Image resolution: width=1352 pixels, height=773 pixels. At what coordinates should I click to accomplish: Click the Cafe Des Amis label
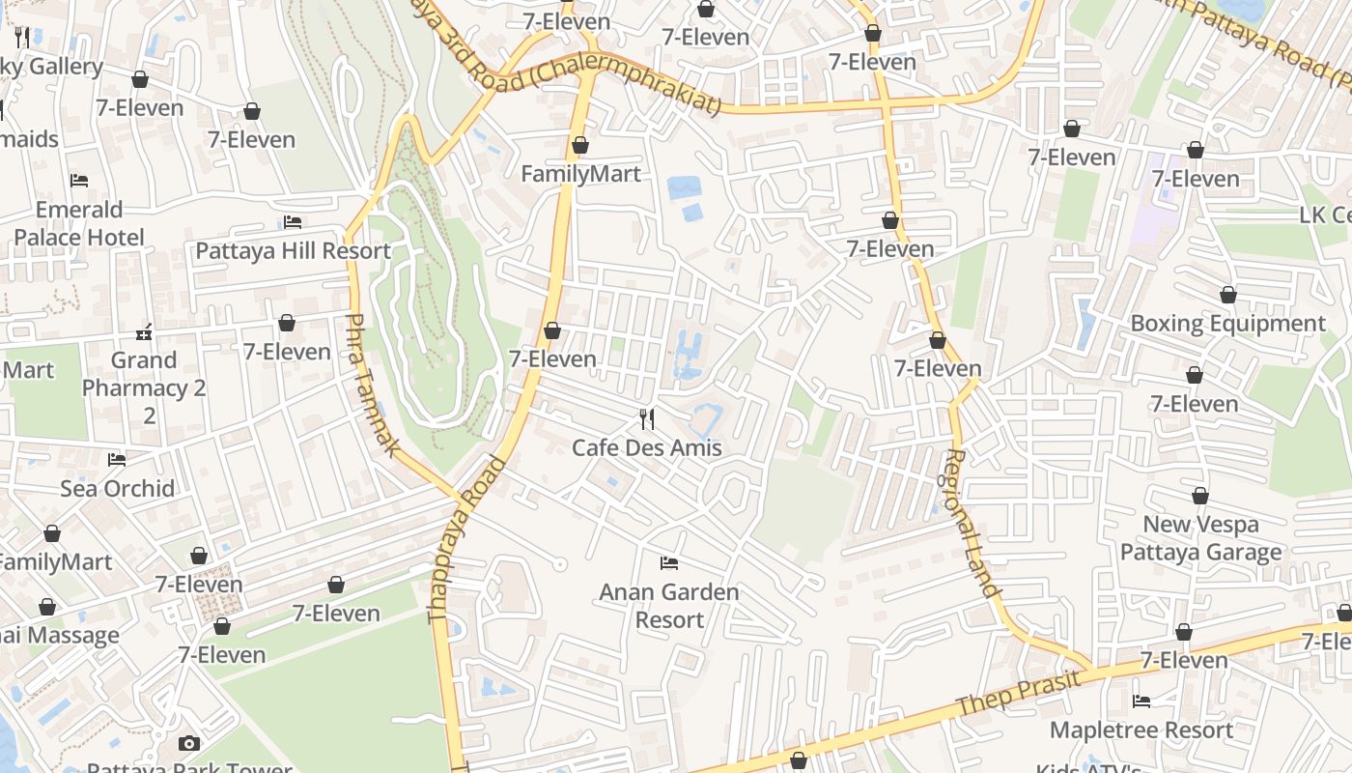point(647,447)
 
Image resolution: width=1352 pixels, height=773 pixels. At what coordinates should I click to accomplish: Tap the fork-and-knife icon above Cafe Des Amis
point(647,419)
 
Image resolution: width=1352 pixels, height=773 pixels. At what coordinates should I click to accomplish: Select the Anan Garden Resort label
point(669,605)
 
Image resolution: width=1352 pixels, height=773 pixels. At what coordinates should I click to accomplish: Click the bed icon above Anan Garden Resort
point(668,562)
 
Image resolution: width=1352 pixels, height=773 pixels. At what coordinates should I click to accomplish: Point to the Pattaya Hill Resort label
point(293,251)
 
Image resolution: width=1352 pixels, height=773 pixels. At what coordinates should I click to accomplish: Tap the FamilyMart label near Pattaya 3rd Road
point(580,174)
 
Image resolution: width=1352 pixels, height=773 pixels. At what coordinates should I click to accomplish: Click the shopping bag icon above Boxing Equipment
point(1227,295)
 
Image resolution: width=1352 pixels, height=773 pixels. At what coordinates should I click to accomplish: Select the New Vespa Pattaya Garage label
point(1200,538)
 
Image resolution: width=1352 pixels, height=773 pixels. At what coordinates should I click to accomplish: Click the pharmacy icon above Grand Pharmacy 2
point(145,332)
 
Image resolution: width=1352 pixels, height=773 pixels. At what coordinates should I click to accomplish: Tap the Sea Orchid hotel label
point(118,488)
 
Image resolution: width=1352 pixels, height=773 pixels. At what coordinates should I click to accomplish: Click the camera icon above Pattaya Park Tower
point(189,743)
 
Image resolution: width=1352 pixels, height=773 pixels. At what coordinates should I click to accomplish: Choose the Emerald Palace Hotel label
point(79,223)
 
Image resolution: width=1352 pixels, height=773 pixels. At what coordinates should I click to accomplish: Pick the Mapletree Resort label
point(1141,730)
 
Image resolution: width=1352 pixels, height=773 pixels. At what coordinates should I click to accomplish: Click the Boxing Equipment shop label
point(1227,323)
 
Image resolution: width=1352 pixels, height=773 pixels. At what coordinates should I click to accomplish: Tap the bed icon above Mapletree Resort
point(1141,701)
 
